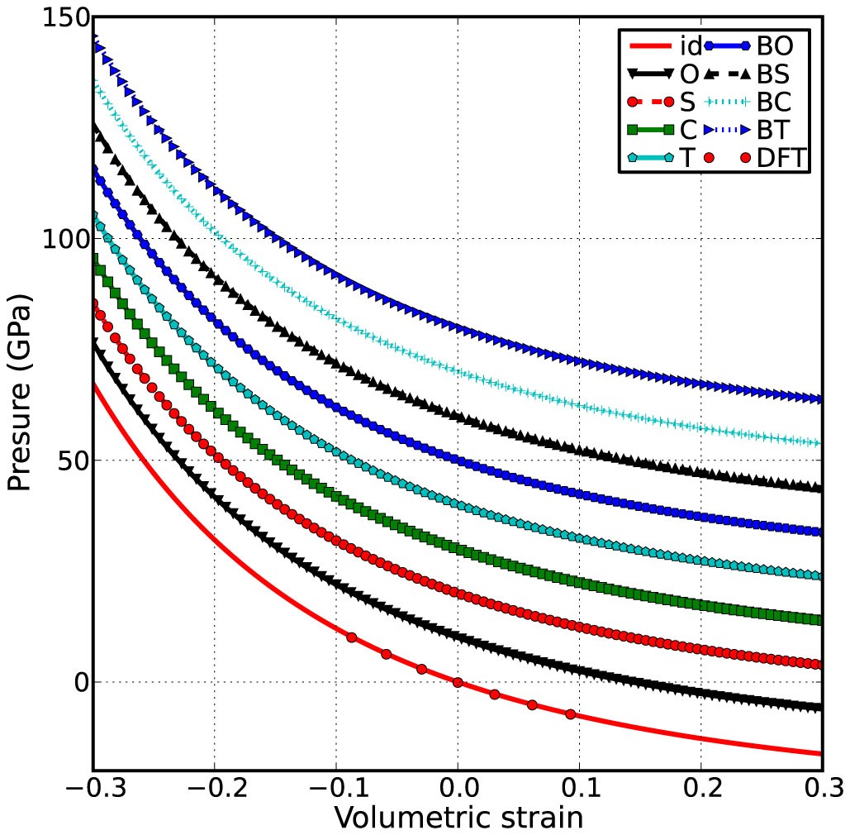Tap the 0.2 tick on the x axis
pyautogui.click(x=701, y=785)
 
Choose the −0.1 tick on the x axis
pyautogui.click(x=335, y=785)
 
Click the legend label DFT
pyautogui.click(x=781, y=157)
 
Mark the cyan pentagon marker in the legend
pyautogui.click(x=634, y=157)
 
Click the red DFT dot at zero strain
pyautogui.click(x=458, y=683)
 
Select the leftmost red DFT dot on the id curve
pyautogui.click(x=352, y=637)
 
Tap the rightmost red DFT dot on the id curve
pyautogui.click(x=570, y=714)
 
